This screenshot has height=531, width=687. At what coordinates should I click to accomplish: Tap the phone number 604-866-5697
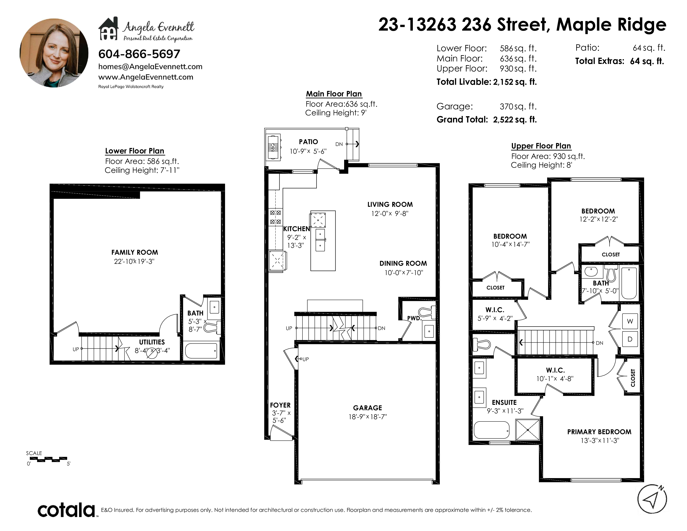[139, 54]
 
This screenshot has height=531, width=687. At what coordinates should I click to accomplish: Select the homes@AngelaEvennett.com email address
[150, 67]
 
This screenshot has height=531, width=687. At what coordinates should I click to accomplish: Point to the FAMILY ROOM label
[135, 252]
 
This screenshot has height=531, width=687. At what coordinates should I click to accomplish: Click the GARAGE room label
[367, 408]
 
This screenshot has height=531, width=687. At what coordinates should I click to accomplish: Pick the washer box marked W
[630, 321]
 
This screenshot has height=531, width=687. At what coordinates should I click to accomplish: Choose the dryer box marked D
[630, 339]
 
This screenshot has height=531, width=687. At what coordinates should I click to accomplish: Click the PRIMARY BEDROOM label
[599, 432]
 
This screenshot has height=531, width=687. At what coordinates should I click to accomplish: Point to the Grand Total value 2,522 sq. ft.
[515, 120]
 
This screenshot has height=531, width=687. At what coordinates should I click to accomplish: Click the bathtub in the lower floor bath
[201, 351]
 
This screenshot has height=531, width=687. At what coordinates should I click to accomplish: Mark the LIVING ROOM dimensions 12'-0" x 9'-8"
[390, 214]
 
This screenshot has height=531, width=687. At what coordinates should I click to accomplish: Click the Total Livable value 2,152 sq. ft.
[515, 82]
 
